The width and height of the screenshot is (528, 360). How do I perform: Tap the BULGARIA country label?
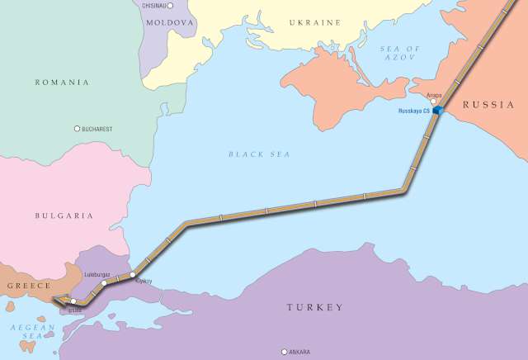(x=64, y=216)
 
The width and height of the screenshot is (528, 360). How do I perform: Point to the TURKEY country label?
(x=314, y=308)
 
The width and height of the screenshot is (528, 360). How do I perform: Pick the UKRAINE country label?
(x=314, y=22)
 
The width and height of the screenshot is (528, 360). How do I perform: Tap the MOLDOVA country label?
(x=170, y=22)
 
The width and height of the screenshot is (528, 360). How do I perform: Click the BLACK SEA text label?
(x=259, y=154)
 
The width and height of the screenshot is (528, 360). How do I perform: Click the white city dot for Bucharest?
(x=78, y=129)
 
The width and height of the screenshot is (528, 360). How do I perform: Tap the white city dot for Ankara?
(x=285, y=352)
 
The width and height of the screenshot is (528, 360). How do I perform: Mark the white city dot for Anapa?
(x=434, y=102)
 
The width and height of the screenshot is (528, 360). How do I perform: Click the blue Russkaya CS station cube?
(x=438, y=110)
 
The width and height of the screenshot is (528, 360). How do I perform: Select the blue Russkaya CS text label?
(x=414, y=111)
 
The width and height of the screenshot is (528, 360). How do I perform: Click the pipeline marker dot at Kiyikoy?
(x=133, y=274)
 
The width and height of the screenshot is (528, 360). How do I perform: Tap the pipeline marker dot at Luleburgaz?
(x=104, y=283)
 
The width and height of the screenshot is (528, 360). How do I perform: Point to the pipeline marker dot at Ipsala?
(x=73, y=301)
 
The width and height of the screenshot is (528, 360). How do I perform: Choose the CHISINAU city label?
(x=159, y=6)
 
